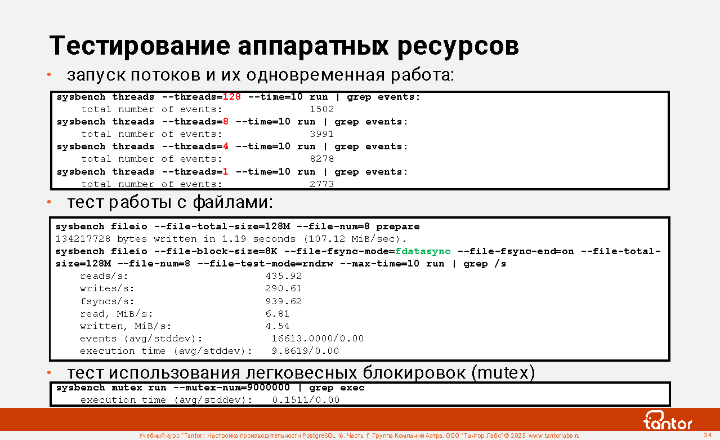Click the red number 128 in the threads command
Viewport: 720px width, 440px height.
(232, 97)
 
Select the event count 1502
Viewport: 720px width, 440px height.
(322, 109)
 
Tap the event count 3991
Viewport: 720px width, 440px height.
(322, 134)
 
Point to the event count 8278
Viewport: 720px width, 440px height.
(322, 159)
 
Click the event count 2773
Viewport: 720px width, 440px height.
(322, 184)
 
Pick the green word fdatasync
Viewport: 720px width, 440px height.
(423, 251)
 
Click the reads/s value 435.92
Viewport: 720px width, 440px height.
(284, 276)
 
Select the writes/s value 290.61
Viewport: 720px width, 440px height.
(284, 288)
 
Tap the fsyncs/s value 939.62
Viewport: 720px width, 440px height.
(284, 301)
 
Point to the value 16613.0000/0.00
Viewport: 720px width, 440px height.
(317, 339)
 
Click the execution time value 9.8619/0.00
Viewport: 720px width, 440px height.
(305, 351)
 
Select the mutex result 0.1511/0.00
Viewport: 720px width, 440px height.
(306, 400)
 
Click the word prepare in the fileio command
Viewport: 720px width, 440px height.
(398, 226)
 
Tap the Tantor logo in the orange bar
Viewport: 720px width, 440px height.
(667, 420)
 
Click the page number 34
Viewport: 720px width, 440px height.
(708, 435)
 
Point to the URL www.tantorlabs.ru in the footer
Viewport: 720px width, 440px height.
(554, 435)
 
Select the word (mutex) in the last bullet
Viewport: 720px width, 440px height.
(503, 373)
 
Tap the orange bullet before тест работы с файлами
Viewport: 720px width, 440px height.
(49, 202)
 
